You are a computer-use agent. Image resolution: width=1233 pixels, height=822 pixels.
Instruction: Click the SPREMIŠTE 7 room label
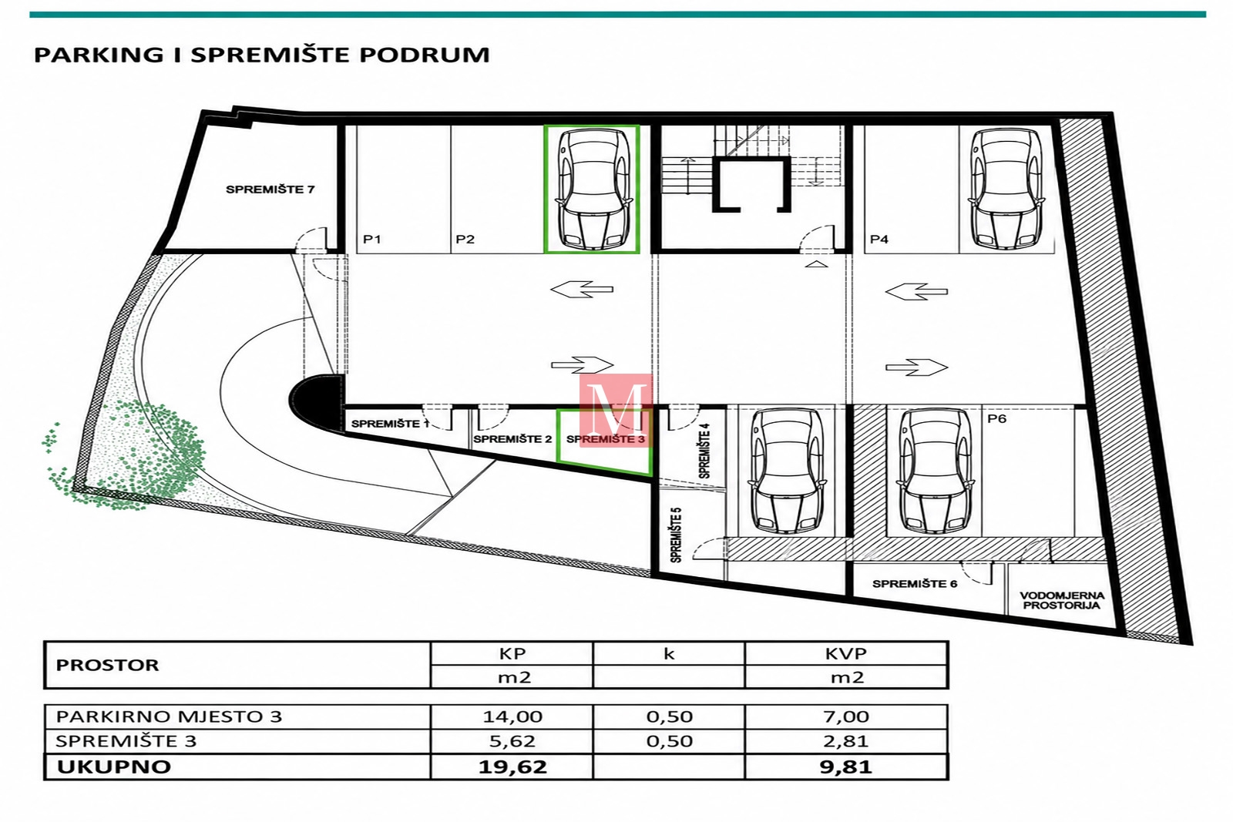click(x=270, y=190)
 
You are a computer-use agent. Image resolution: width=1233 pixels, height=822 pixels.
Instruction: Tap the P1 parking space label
click(x=372, y=240)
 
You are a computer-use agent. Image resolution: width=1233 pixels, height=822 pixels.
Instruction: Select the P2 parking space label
click(x=465, y=240)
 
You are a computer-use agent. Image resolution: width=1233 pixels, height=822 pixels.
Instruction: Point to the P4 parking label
click(x=879, y=240)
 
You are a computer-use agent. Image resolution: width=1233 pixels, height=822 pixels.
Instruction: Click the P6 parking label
click(x=997, y=418)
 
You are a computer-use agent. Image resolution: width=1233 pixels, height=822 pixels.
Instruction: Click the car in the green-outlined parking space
click(x=592, y=189)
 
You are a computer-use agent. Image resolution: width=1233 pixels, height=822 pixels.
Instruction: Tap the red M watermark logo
click(x=616, y=411)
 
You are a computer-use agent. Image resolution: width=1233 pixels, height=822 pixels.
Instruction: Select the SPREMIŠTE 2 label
click(x=512, y=439)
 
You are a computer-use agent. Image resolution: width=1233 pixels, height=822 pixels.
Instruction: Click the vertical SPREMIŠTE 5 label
click(x=676, y=535)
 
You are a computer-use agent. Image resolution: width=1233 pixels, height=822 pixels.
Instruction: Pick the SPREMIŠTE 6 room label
click(x=915, y=584)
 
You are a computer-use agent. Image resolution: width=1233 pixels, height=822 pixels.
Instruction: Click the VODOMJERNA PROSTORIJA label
click(x=1062, y=600)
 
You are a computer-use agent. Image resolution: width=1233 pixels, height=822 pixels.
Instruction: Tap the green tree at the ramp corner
click(x=126, y=455)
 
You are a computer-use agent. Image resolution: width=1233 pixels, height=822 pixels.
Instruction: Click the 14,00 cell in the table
click(x=512, y=716)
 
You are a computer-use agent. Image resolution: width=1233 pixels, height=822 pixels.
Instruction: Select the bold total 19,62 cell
click(x=512, y=767)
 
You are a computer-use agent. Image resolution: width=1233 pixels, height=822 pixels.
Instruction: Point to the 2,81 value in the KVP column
click(x=846, y=741)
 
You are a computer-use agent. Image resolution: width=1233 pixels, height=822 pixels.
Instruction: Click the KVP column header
click(x=846, y=653)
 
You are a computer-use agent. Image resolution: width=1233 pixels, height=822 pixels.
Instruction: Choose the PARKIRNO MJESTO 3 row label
click(x=169, y=716)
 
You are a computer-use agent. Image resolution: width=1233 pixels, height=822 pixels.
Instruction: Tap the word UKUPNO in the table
click(x=114, y=767)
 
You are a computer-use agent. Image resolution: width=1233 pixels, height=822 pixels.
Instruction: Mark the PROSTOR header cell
click(x=107, y=665)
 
